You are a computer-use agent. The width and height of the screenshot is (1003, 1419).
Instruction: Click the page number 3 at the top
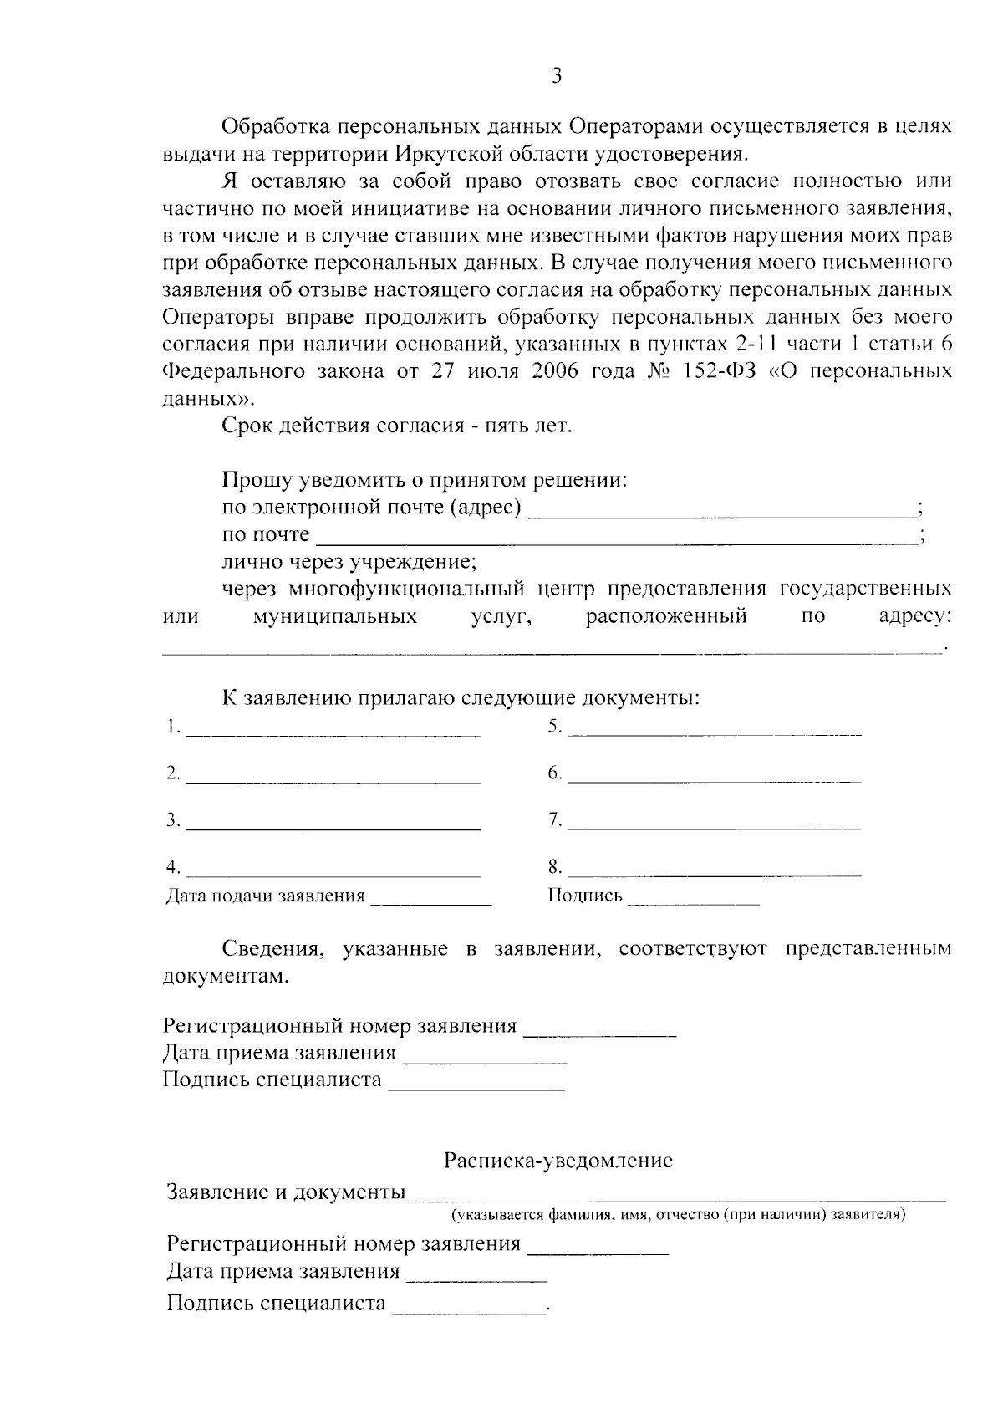pyautogui.click(x=558, y=77)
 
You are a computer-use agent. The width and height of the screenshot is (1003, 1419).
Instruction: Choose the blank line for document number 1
pyautogui.click(x=333, y=733)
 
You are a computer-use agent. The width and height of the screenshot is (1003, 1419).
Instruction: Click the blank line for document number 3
pyautogui.click(x=333, y=827)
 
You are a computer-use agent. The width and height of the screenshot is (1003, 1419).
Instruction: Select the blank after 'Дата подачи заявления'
pyautogui.click(x=431, y=902)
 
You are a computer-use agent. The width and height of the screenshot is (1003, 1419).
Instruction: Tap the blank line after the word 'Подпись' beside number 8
pyautogui.click(x=693, y=902)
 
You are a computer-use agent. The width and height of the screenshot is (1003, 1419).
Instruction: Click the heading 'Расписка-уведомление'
pyautogui.click(x=558, y=1161)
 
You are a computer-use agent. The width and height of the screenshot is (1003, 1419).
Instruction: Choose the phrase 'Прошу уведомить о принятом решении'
pyautogui.click(x=424, y=481)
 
